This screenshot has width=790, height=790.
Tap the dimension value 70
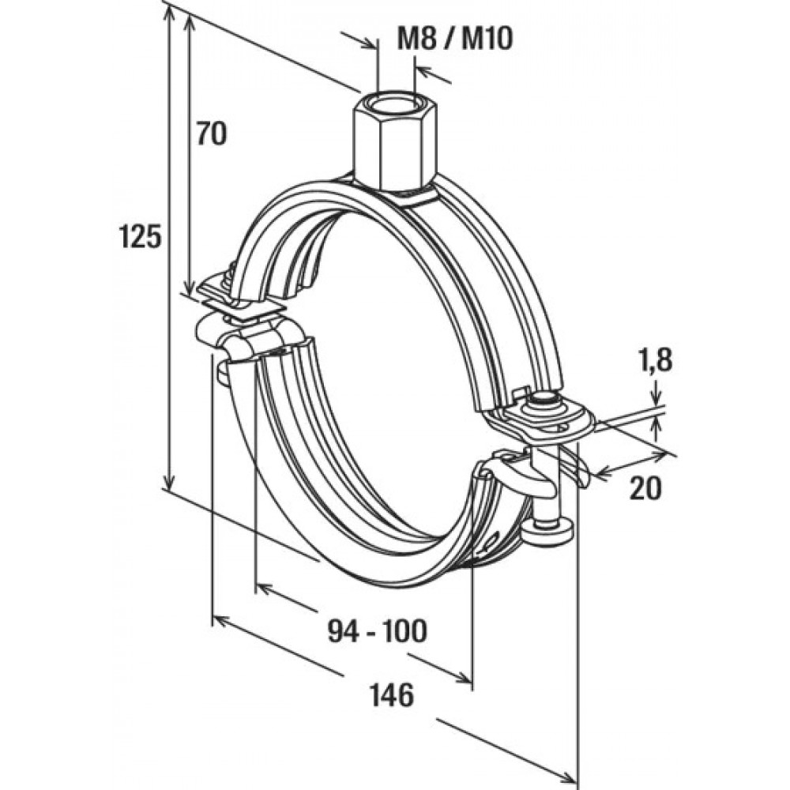click(x=211, y=134)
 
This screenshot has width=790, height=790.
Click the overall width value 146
click(x=391, y=695)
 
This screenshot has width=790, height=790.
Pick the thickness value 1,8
click(x=656, y=363)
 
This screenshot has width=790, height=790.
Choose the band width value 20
click(x=645, y=489)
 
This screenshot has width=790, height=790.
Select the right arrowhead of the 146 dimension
click(x=570, y=775)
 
